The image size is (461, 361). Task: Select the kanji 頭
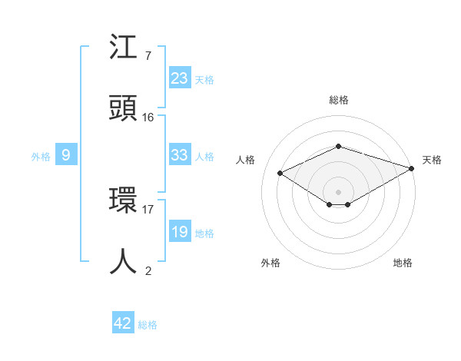pyautogui.click(x=123, y=108)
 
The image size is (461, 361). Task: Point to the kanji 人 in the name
pyautogui.click(x=123, y=261)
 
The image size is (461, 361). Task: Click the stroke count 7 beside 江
pyautogui.click(x=148, y=56)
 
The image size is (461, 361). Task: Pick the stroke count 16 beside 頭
pyautogui.click(x=148, y=117)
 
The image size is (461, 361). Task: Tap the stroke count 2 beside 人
pyautogui.click(x=148, y=270)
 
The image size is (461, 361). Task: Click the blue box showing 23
pyautogui.click(x=180, y=78)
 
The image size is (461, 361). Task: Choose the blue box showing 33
pyautogui.click(x=180, y=155)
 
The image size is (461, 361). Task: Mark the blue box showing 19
pyautogui.click(x=180, y=232)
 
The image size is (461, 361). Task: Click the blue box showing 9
pyautogui.click(x=66, y=155)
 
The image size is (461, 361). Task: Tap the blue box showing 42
pyautogui.click(x=123, y=323)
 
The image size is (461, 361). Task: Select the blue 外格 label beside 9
pyautogui.click(x=41, y=156)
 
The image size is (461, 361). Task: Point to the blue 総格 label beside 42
pyautogui.click(x=148, y=325)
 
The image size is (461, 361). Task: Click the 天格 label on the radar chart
pyautogui.click(x=432, y=160)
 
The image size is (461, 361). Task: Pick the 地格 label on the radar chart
pyautogui.click(x=403, y=263)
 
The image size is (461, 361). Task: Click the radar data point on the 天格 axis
pyautogui.click(x=413, y=167)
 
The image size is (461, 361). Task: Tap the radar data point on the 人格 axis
pyautogui.click(x=280, y=174)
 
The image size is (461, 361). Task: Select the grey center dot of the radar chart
pyautogui.click(x=338, y=191)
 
